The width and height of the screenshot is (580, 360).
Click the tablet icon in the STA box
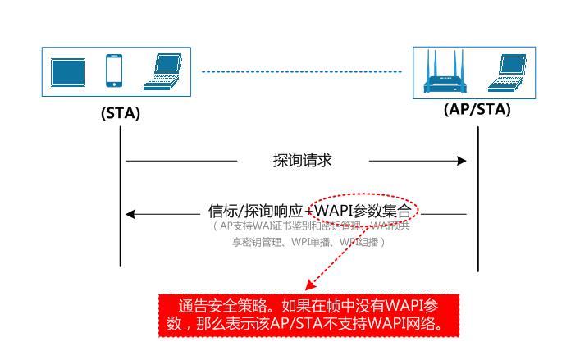click(x=67, y=72)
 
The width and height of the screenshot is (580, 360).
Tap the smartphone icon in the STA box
click(x=115, y=72)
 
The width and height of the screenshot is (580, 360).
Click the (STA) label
click(x=121, y=114)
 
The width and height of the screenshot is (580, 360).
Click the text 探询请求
click(x=302, y=161)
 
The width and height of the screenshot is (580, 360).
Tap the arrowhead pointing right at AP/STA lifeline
click(x=462, y=161)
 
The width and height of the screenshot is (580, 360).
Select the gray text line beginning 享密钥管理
click(x=308, y=243)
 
